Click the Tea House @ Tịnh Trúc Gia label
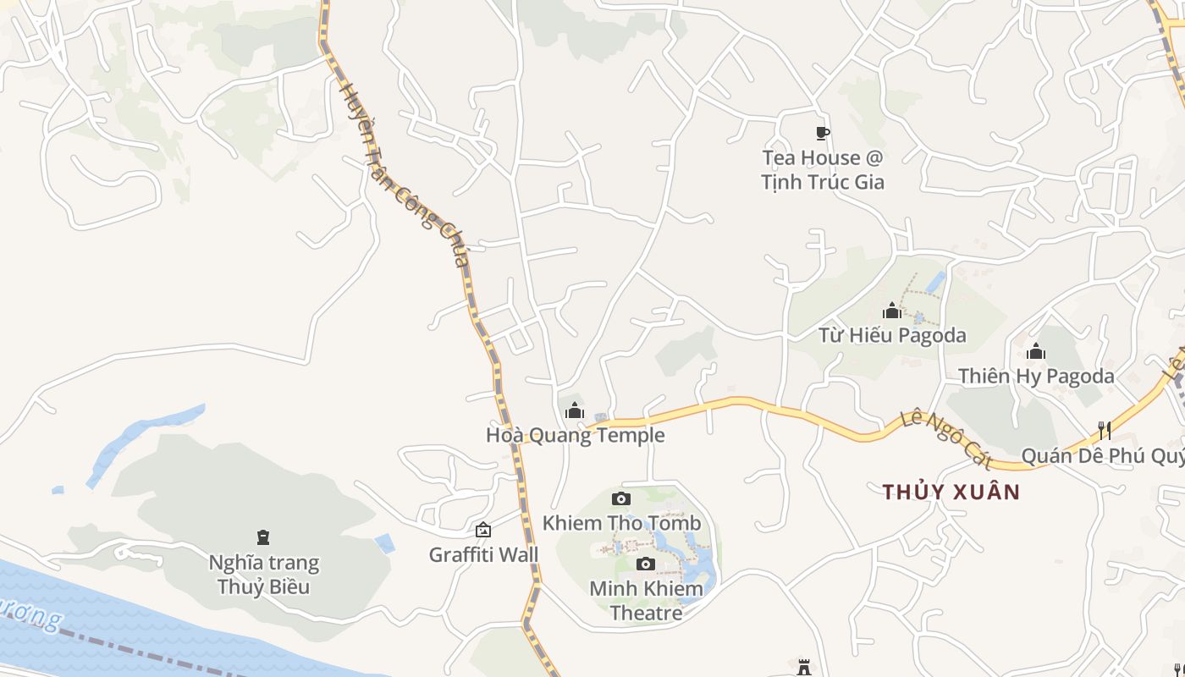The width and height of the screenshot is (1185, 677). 822,169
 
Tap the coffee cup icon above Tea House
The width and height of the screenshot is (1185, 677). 822,133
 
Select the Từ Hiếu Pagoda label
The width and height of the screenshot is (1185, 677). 892,335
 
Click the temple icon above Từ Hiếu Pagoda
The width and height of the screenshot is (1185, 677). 892,311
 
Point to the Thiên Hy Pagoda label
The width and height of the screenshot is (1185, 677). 1036,376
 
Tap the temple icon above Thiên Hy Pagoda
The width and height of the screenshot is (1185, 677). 1036,351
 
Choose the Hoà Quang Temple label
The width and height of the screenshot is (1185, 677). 576,435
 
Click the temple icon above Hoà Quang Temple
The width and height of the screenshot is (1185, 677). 575,411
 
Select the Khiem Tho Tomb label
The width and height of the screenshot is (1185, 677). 622,523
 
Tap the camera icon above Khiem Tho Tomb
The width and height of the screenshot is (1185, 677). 621,499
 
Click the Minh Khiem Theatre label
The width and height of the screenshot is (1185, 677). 646,600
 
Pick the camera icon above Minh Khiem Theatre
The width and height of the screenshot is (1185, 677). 646,564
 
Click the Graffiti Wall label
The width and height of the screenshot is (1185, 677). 483,555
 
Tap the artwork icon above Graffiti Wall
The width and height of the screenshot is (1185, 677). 483,531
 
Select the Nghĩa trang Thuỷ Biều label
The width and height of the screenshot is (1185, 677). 264,575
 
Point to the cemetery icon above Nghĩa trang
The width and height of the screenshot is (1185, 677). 263,537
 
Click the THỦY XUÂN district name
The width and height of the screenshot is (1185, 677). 951,492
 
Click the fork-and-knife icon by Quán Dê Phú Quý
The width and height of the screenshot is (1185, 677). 1105,431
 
